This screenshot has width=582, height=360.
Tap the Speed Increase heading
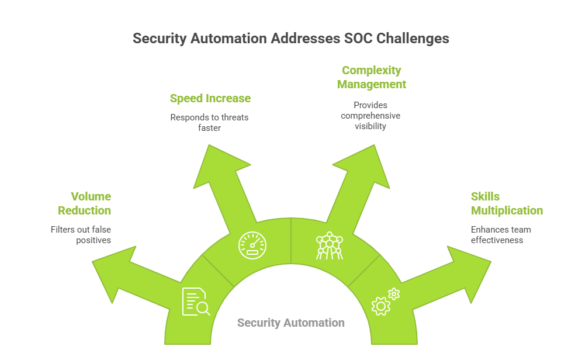210,98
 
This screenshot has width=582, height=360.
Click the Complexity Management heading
372,77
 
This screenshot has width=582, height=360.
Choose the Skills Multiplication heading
507,203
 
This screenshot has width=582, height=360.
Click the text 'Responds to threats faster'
209,123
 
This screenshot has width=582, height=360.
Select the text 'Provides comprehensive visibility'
370,116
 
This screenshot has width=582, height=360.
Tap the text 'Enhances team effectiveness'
501,235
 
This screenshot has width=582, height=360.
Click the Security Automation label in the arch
291,323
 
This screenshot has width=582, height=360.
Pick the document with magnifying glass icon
195,302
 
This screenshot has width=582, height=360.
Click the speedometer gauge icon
252,245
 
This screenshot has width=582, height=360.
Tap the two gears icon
386,302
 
